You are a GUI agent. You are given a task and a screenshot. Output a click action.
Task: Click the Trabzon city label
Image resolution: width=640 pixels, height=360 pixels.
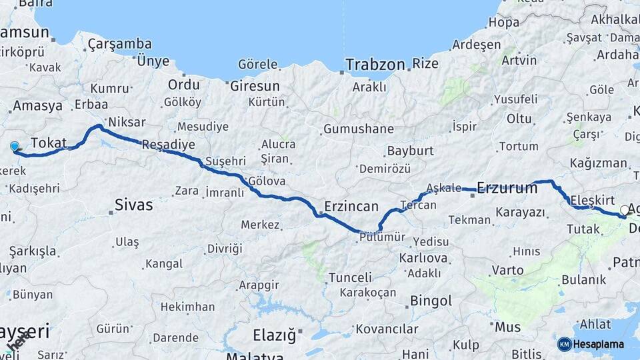(375, 65)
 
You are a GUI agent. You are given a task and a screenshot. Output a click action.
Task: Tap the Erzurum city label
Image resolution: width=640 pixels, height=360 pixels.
(507, 188)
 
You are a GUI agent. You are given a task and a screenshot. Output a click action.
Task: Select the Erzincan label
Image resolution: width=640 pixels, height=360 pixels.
(351, 206)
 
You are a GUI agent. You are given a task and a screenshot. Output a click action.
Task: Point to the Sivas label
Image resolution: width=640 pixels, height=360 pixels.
(133, 204)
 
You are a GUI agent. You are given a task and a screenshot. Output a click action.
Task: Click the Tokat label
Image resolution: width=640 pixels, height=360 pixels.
(49, 143)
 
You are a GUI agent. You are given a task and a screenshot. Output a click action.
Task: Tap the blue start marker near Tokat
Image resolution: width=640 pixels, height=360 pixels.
(15, 147)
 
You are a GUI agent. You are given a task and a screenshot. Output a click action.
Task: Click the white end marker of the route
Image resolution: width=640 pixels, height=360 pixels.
(625, 210)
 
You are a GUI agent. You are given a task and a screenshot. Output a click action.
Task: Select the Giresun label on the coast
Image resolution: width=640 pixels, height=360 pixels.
(255, 86)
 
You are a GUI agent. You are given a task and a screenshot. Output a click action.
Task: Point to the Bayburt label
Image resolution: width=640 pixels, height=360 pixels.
(410, 151)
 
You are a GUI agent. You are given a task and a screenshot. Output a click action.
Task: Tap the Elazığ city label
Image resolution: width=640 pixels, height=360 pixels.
(274, 335)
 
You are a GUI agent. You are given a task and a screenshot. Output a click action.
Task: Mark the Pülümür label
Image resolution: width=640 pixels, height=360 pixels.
(381, 237)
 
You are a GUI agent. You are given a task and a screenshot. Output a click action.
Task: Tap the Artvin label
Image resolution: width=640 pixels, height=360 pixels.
(519, 60)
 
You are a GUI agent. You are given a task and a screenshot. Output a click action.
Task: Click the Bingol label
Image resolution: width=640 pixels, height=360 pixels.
(431, 301)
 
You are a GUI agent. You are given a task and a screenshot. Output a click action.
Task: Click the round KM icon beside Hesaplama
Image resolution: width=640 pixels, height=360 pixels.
(565, 344)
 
